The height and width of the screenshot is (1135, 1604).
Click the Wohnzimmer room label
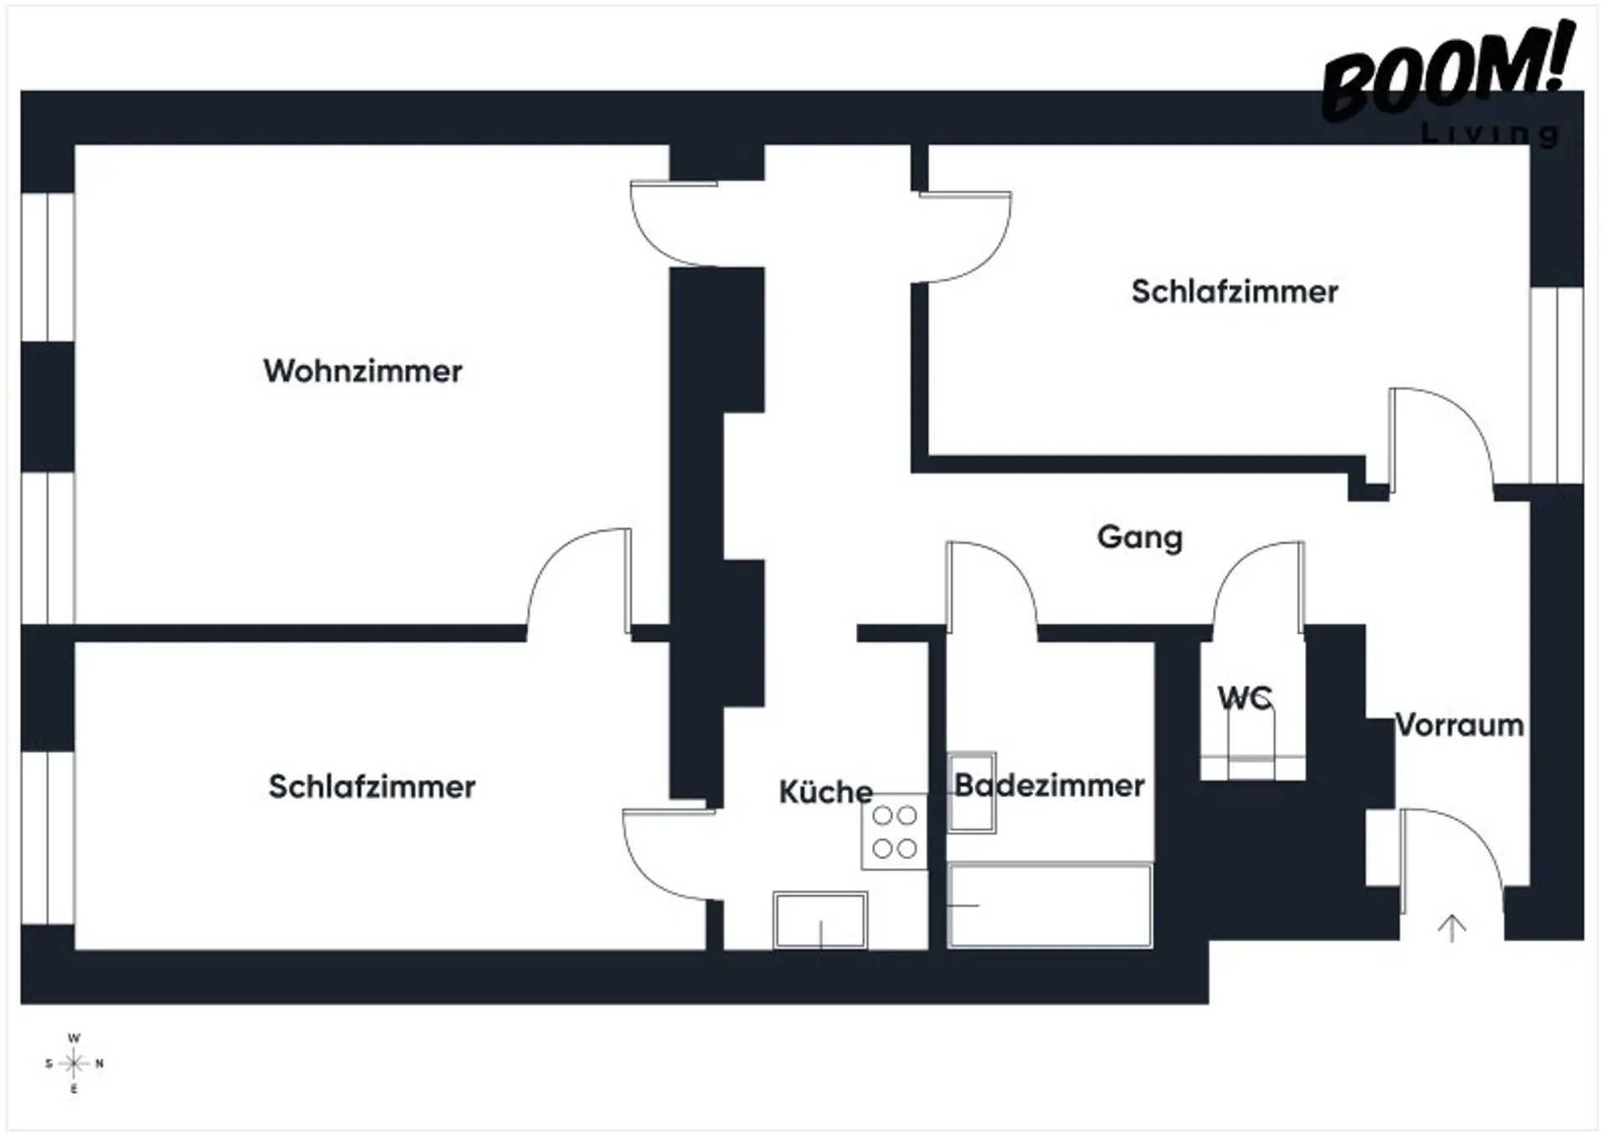point(363,371)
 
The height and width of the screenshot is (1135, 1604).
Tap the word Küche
point(825,791)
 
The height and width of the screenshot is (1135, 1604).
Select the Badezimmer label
point(1049,786)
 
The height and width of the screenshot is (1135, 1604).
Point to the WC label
point(1245,697)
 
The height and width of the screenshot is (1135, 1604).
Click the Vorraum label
point(1459,725)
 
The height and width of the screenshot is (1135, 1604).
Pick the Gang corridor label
point(1140,537)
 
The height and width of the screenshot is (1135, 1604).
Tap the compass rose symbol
point(74,1064)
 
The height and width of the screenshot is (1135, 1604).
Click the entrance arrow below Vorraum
point(1452,928)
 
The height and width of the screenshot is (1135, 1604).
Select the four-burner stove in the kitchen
point(895,832)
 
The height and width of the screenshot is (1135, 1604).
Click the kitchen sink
point(820,920)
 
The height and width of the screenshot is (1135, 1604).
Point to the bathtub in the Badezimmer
point(1050,906)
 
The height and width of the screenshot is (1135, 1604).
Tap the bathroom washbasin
point(972,792)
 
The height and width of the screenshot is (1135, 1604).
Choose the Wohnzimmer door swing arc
point(576,577)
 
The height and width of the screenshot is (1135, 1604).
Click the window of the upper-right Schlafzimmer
point(1556,384)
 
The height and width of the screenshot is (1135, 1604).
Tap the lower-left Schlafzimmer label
point(372,786)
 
